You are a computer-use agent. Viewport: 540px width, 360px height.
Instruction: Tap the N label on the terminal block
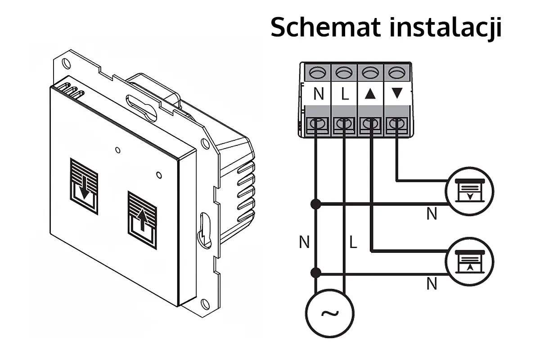(319, 94)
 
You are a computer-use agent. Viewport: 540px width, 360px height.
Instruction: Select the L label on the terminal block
(344, 94)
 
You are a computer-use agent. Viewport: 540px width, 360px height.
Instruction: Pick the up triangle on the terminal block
(370, 94)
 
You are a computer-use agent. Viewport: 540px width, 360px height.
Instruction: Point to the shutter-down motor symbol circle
(469, 190)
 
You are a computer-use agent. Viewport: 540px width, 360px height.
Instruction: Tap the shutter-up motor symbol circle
(469, 261)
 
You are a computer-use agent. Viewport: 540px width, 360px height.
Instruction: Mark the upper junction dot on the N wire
(316, 204)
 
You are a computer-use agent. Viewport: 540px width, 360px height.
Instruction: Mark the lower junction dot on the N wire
(316, 273)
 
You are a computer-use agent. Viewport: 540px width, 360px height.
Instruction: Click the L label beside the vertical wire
(353, 243)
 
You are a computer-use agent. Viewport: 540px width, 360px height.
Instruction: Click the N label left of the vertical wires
(304, 243)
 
